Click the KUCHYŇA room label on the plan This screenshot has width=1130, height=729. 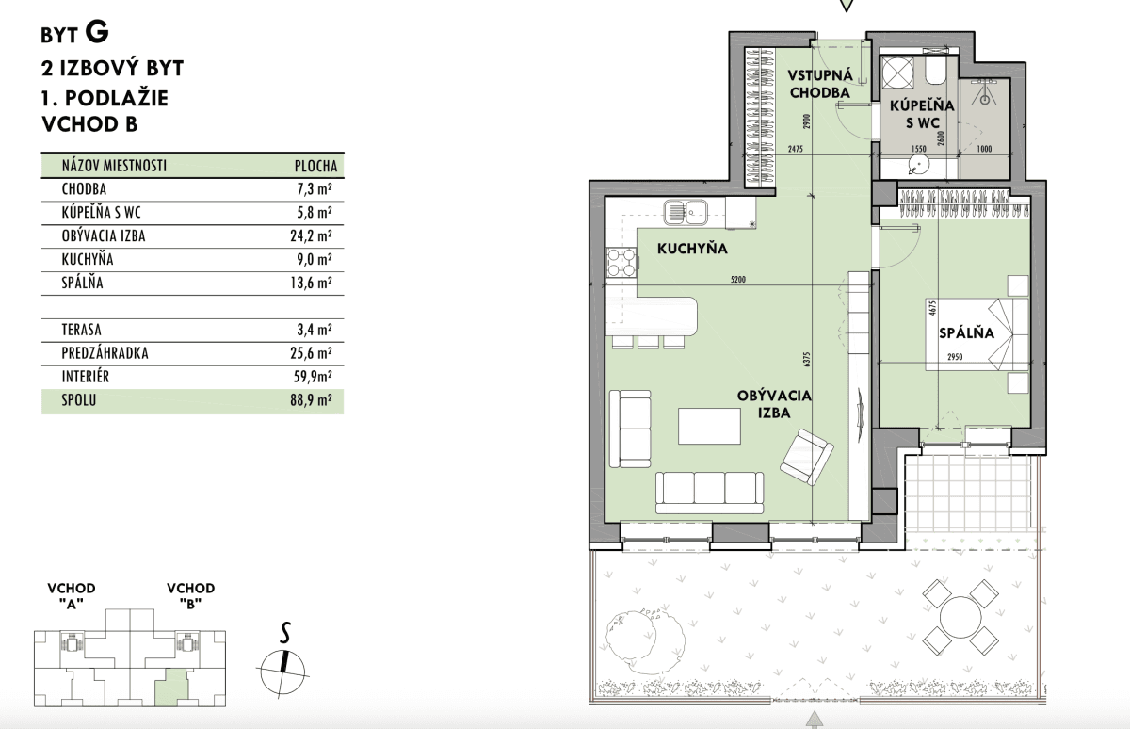click(692, 249)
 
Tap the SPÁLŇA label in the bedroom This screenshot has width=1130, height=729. click(966, 332)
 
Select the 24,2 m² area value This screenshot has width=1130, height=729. click(311, 235)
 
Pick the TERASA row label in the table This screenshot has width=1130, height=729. click(81, 330)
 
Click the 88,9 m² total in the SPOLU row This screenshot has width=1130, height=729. click(311, 400)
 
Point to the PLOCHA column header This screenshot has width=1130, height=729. click(315, 166)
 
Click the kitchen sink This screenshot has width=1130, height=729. click(686, 213)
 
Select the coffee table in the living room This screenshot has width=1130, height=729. click(709, 426)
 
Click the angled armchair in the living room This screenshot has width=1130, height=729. click(807, 457)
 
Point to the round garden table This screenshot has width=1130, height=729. click(960, 617)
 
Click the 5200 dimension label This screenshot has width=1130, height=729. click(737, 280)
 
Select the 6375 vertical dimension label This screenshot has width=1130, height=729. click(807, 359)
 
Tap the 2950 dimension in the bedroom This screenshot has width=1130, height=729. click(955, 357)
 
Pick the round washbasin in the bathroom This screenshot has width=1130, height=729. click(920, 164)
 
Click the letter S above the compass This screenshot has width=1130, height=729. click(285, 633)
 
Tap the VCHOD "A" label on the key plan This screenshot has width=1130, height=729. click(72, 596)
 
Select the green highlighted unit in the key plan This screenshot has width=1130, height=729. click(171, 685)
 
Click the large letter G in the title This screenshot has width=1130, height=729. click(97, 32)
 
